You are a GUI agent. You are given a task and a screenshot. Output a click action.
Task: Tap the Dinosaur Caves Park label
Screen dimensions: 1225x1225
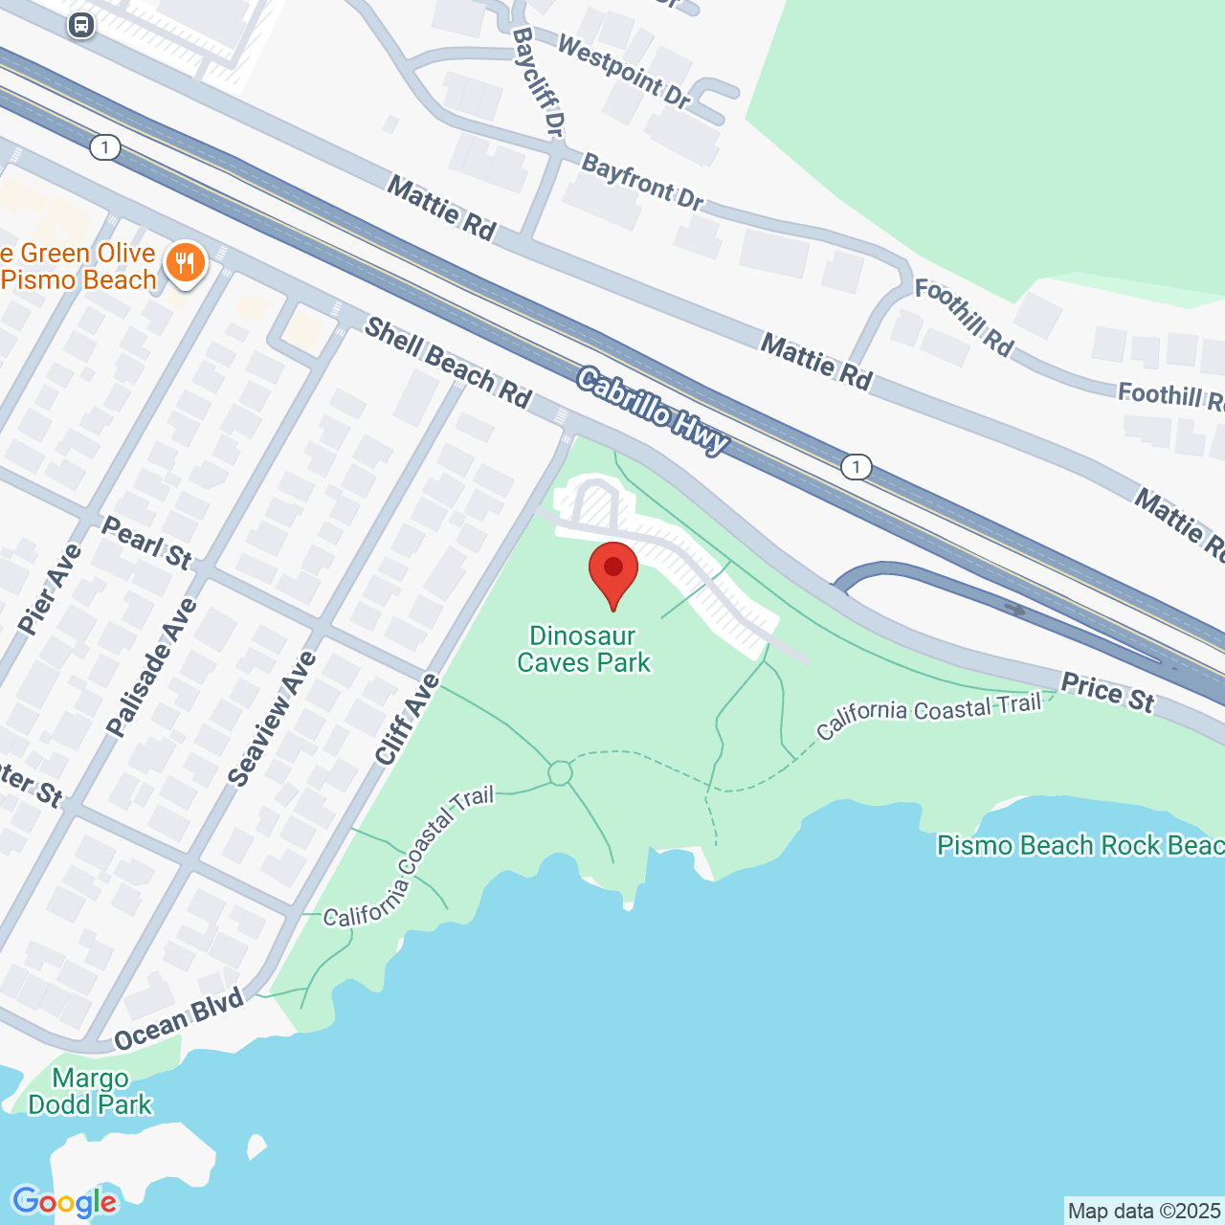click(x=584, y=649)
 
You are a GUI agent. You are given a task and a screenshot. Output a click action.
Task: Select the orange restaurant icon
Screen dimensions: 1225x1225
click(x=185, y=263)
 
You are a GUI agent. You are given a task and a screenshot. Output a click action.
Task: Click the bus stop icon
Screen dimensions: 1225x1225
click(x=81, y=25)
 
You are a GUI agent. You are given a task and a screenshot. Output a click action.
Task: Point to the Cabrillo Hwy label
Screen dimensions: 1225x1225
click(x=654, y=412)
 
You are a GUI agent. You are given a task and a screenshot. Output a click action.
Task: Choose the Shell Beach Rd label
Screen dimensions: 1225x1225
click(x=448, y=364)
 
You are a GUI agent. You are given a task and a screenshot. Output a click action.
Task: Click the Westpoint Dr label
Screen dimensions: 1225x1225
click(x=623, y=72)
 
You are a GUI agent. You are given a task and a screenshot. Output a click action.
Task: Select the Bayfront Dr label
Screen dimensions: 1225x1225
click(x=642, y=182)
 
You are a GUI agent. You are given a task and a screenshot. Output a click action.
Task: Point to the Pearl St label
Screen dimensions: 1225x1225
click(x=146, y=542)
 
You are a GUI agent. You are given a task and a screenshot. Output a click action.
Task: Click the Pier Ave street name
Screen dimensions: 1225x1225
click(x=50, y=589)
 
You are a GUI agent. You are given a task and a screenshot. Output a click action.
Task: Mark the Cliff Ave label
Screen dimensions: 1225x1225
click(x=407, y=720)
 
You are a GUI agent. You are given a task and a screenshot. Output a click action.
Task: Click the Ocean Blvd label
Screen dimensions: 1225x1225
click(x=179, y=1021)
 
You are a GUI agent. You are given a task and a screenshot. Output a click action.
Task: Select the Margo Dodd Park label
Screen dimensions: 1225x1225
click(x=90, y=1092)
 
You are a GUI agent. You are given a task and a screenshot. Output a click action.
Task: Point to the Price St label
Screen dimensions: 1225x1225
click(x=1108, y=692)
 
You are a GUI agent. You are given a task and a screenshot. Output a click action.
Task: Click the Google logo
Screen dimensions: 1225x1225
click(x=64, y=1202)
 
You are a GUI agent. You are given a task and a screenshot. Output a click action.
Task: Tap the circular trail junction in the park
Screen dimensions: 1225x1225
click(x=560, y=772)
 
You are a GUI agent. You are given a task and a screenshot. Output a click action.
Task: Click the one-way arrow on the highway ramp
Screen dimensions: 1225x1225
click(x=1014, y=610)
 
